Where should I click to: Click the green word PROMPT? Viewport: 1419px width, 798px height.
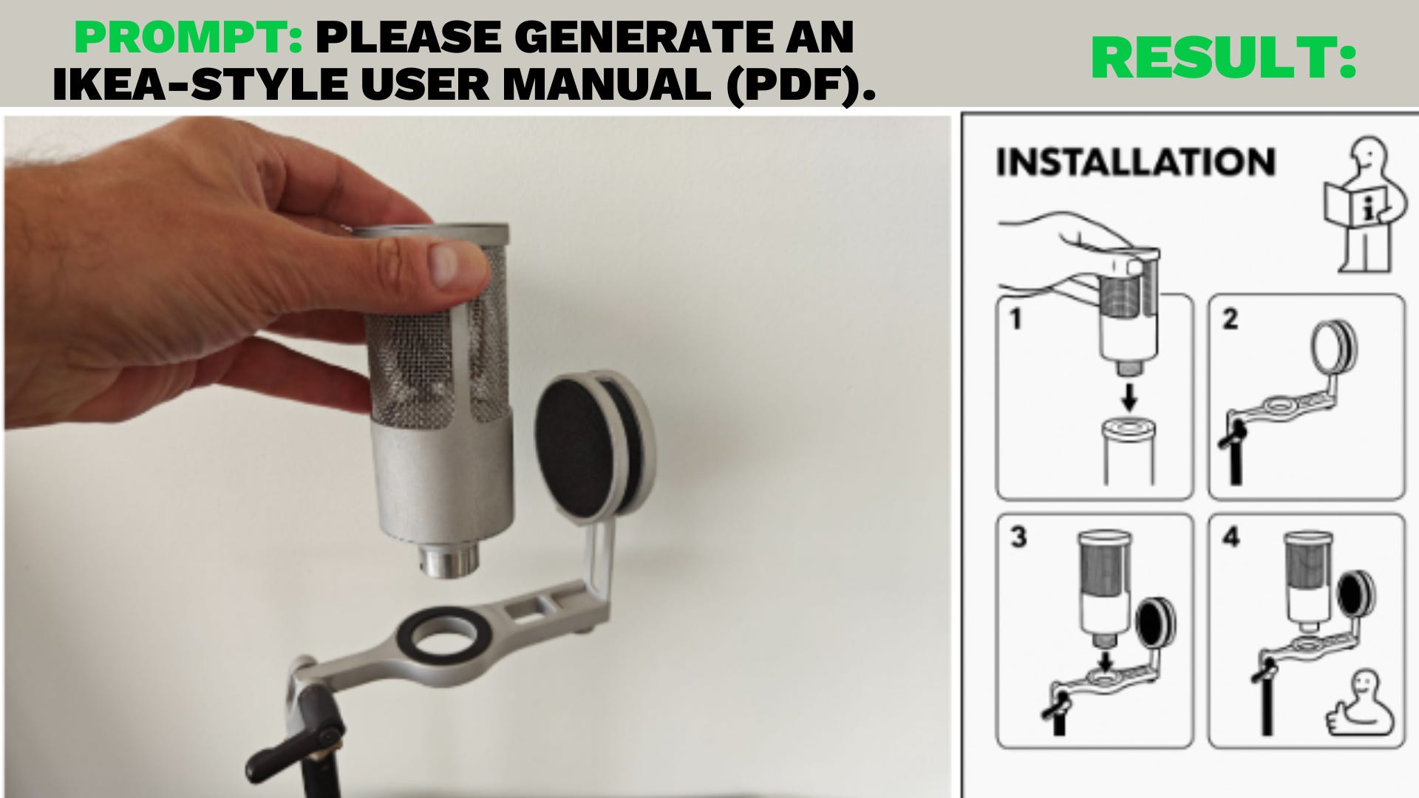coord(189,37)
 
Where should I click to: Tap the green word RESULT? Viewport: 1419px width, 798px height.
coord(1224,58)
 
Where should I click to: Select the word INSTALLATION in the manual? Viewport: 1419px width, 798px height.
coord(1136,162)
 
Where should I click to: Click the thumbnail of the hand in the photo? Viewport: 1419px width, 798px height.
coord(447,264)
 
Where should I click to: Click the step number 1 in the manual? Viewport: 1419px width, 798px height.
coord(1015,320)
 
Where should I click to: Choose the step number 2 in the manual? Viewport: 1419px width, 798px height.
coord(1230,319)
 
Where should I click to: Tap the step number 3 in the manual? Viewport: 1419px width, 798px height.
coord(1018,537)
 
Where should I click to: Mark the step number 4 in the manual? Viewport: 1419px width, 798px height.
coord(1231,537)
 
